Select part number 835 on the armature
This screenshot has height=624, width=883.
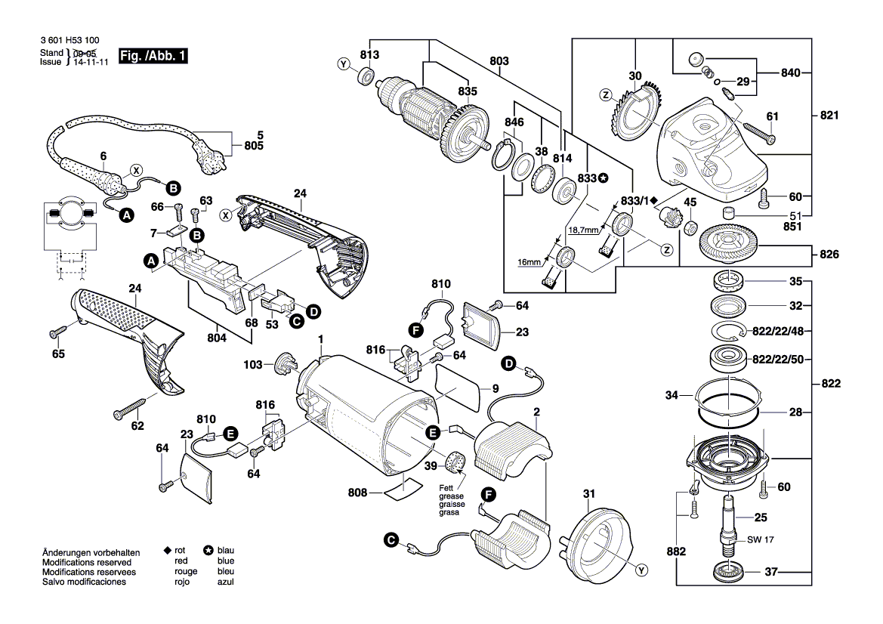(468, 92)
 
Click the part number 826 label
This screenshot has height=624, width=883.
(829, 255)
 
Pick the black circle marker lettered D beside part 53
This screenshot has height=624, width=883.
(312, 310)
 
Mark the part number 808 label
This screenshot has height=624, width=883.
(357, 493)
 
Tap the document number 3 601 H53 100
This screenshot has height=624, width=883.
(68, 39)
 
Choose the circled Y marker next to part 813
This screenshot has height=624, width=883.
(344, 65)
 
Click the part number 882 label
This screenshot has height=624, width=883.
(677, 552)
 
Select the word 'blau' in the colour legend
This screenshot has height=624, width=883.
(225, 551)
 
